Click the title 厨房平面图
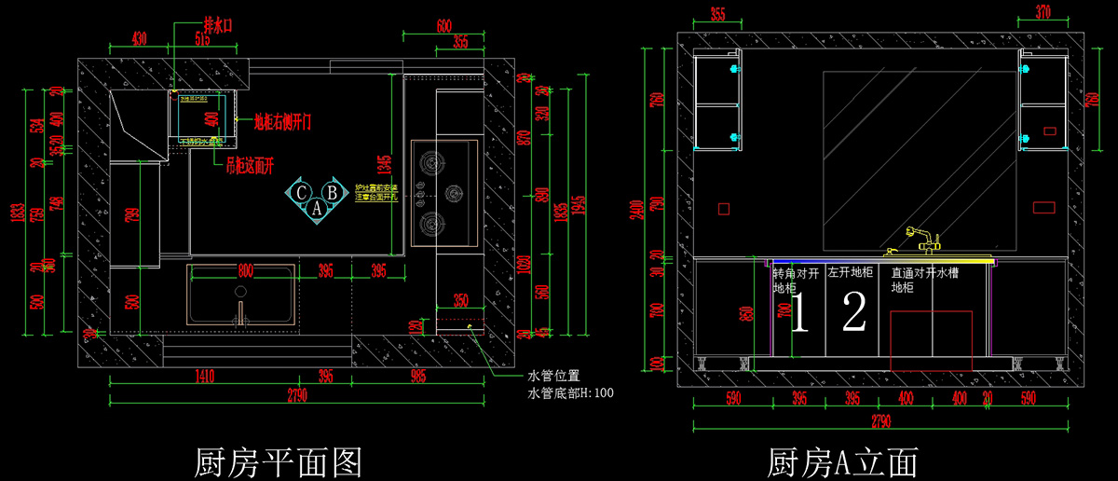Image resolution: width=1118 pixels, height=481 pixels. point(277,460)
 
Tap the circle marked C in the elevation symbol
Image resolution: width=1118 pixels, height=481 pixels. point(302,192)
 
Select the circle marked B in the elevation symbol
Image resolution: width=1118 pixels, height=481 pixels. point(332,192)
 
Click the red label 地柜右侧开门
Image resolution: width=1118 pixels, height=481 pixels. point(289,122)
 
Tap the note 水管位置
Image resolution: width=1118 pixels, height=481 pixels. point(553,376)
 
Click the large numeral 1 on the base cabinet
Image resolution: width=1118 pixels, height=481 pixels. point(798,312)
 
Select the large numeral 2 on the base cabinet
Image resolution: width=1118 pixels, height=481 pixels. point(853,312)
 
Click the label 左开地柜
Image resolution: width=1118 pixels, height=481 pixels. point(850,274)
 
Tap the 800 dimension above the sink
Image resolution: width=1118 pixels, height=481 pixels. point(245,270)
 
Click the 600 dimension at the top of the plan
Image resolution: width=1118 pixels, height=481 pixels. point(443,25)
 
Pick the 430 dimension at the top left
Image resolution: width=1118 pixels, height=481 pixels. point(139,39)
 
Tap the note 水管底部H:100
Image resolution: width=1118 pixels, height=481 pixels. point(570,393)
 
